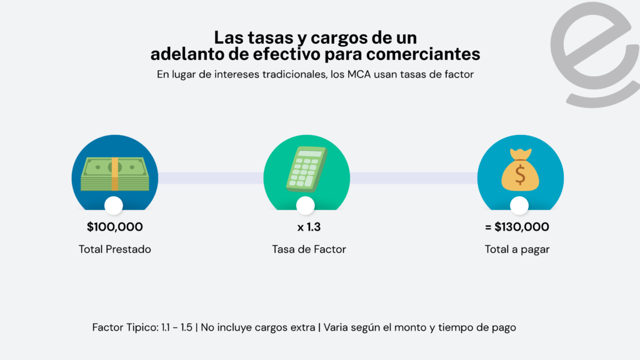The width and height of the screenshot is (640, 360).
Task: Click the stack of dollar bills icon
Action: click(115, 173)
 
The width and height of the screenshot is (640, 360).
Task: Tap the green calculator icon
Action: click(306, 168)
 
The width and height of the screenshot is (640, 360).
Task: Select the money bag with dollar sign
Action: click(520, 169)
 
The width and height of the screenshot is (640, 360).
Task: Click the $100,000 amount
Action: click(115, 227)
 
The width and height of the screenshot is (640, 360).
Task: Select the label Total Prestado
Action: click(115, 249)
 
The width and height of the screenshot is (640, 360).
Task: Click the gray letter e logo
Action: click(597, 53)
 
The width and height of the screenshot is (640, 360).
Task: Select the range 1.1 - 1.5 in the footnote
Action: click(179, 327)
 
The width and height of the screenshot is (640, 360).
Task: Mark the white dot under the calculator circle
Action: click(305, 205)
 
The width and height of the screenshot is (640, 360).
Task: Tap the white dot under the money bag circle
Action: click(519, 205)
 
